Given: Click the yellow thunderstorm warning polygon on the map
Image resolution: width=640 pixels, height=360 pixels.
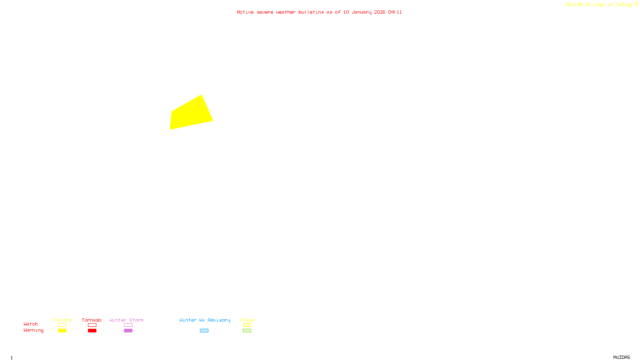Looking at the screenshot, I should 190,114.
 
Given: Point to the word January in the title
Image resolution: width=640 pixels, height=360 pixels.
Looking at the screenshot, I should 362,12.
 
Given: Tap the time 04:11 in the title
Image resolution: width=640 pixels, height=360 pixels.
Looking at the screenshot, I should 395,12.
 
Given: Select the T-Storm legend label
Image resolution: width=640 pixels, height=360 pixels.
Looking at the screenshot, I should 62,320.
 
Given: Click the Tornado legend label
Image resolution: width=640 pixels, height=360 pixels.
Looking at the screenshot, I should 92,320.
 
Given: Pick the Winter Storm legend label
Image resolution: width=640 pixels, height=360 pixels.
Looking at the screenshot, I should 126,320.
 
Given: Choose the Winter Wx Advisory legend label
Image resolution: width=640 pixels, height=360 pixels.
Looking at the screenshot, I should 205,320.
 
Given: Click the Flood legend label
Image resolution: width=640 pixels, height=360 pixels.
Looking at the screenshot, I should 247,320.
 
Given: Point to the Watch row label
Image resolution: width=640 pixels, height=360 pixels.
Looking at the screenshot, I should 31,324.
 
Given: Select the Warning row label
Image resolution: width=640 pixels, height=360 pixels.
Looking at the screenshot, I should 34,330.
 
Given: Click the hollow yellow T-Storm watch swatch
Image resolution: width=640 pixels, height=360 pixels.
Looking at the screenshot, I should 62,325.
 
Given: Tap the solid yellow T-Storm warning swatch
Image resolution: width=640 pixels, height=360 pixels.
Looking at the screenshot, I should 62,331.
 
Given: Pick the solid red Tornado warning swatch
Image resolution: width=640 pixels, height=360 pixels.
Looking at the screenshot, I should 92,331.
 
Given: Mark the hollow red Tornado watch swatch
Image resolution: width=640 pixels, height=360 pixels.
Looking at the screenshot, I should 92,325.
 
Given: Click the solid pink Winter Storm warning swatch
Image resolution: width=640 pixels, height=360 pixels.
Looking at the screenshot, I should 128,331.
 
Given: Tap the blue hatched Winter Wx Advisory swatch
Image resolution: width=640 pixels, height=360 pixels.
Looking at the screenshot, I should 204,331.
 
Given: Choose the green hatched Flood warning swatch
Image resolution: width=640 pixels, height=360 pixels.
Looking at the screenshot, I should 247,331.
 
